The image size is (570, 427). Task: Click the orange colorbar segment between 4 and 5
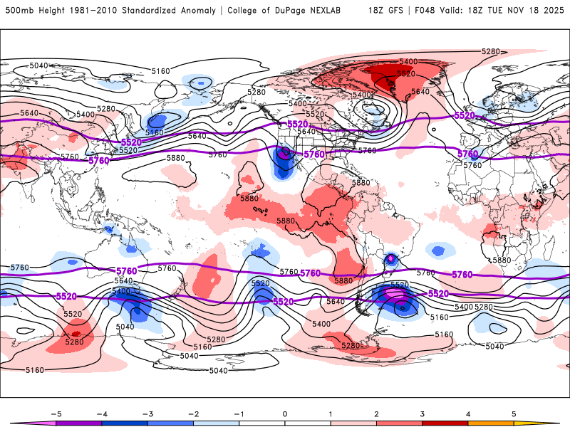(x=491, y=422)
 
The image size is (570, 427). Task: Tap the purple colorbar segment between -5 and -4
(x=78, y=422)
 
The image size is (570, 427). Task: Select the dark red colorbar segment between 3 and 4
(x=445, y=422)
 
